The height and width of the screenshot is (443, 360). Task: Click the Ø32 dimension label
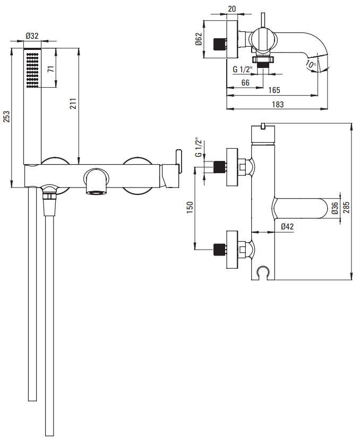pos(32,36)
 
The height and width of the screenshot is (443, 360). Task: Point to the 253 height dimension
pos(6,117)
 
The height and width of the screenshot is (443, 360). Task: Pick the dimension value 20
pos(232,9)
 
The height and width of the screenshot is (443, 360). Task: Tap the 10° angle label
pos(311,65)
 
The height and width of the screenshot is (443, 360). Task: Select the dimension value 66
pos(245,82)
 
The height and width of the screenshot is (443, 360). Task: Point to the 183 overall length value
pos(277,104)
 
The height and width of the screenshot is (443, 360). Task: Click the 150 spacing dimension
pos(190,208)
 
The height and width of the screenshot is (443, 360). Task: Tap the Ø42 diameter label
pos(287,227)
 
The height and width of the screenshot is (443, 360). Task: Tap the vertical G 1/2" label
pos(198,148)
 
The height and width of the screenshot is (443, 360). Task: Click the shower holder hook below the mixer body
pos(260,273)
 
